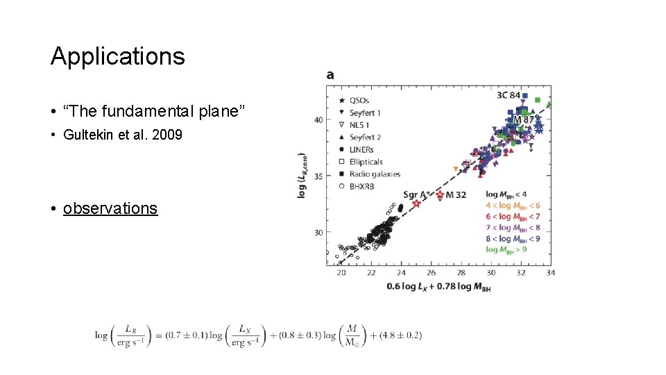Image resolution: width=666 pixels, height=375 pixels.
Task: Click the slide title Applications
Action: tap(117, 56)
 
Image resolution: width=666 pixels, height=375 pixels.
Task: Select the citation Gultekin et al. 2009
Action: tap(122, 135)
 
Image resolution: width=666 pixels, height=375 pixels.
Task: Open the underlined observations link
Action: tap(110, 208)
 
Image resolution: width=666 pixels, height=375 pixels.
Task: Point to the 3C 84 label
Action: tap(509, 94)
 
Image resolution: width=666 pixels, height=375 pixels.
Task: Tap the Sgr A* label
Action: tap(417, 194)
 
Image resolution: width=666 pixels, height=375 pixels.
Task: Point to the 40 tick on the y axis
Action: tap(318, 119)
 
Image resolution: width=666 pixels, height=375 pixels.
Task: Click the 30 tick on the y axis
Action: tap(318, 233)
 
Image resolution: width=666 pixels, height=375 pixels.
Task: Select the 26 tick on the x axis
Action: tap(431, 273)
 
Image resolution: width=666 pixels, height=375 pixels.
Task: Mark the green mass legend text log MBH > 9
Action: tap(506, 249)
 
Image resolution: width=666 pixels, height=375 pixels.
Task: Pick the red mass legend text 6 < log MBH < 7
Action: tap(513, 217)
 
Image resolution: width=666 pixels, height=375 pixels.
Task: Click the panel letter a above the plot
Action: tap(330, 74)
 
